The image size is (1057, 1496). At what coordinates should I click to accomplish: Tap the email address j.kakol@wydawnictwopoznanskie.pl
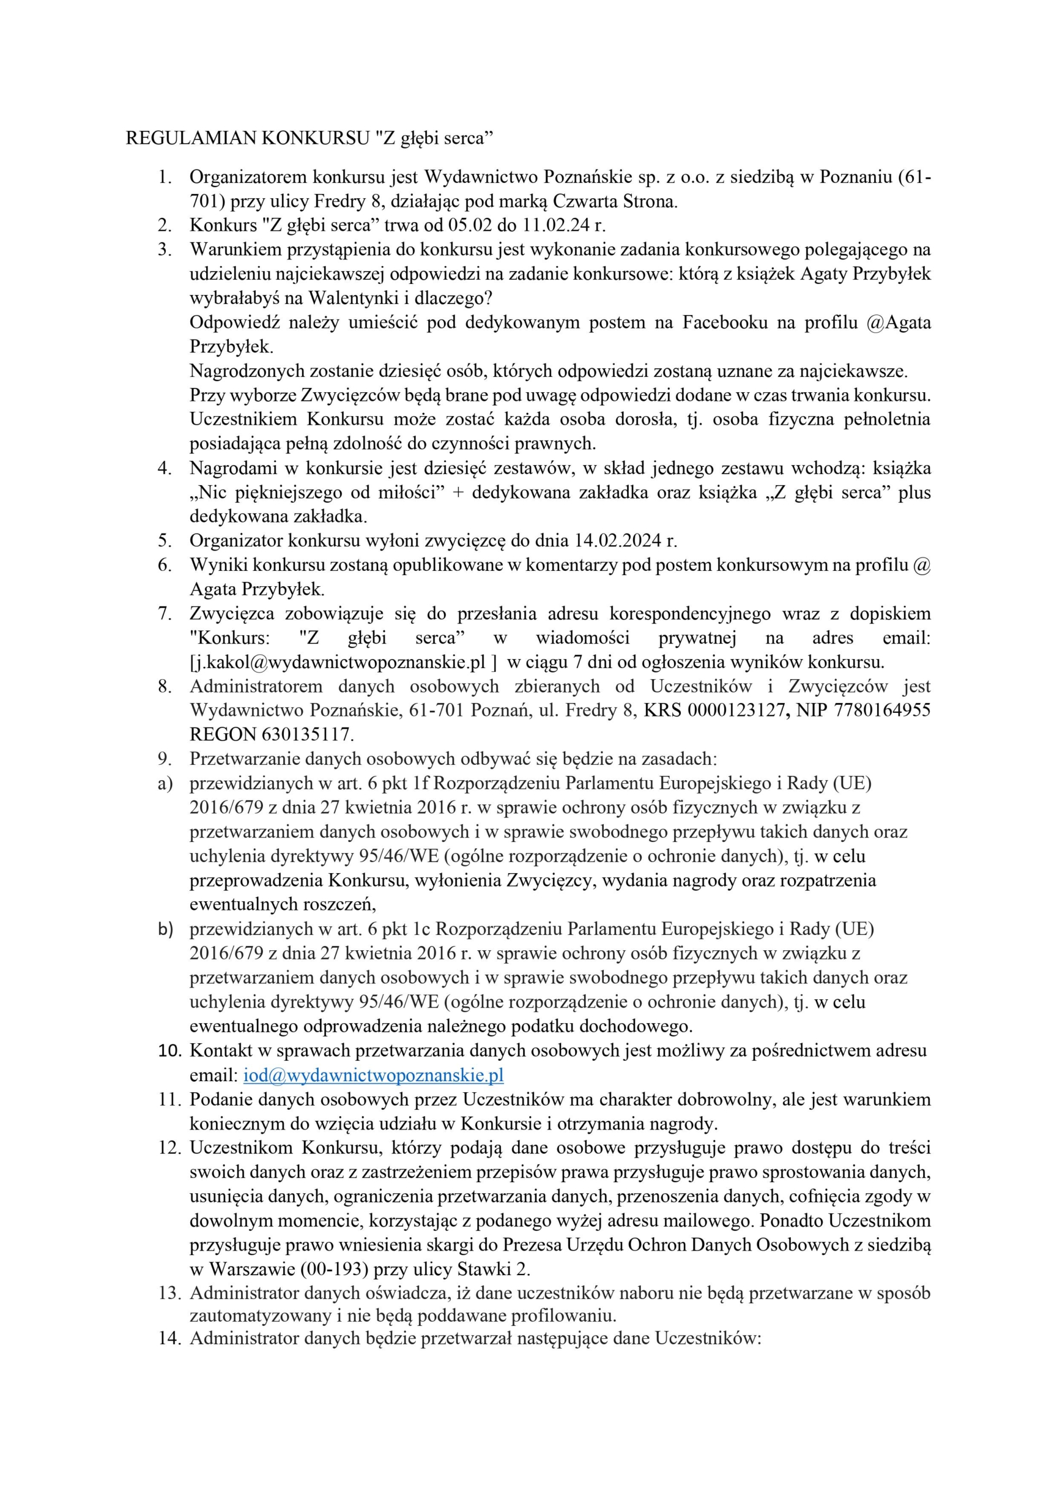(339, 662)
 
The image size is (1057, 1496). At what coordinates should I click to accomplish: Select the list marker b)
(165, 929)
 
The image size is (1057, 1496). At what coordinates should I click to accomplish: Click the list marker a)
(165, 783)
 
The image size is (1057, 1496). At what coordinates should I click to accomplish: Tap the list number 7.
(165, 614)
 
